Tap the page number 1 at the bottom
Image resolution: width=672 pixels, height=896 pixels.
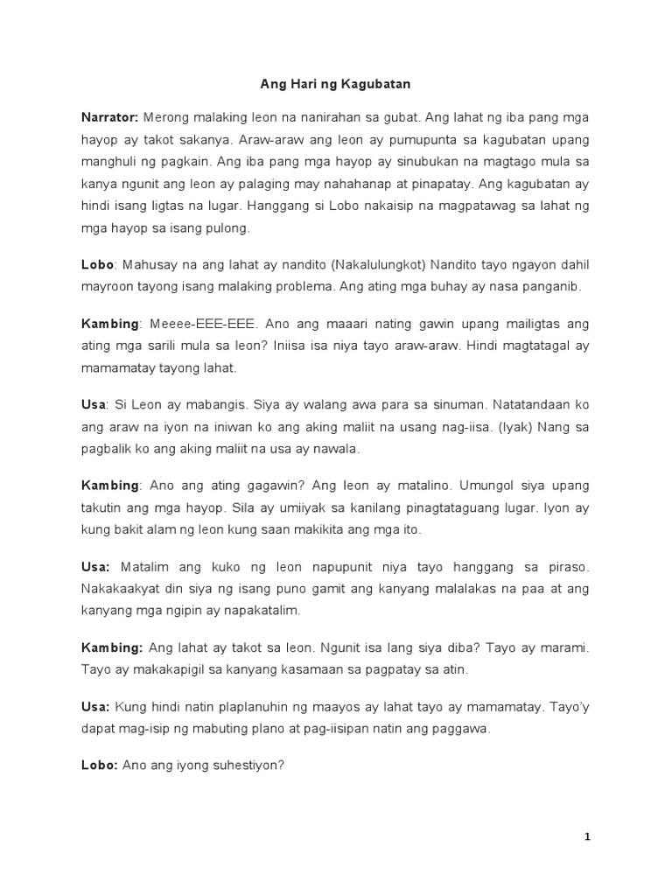[x=588, y=836]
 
